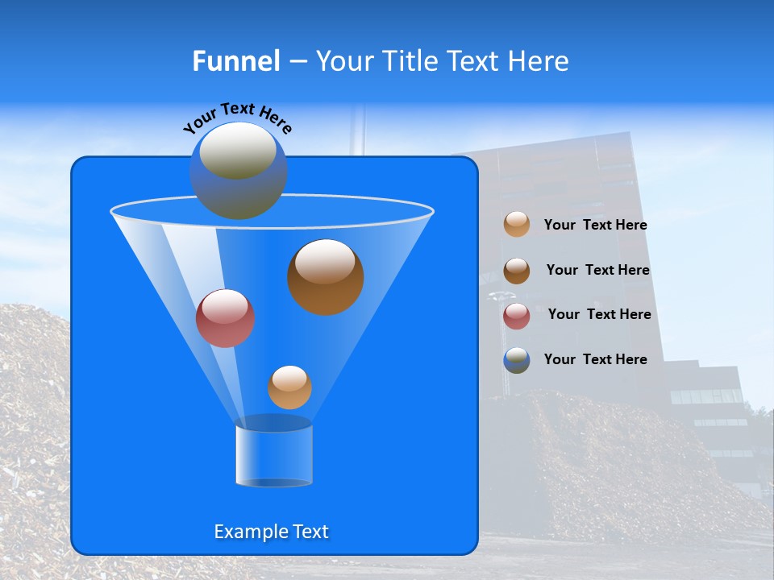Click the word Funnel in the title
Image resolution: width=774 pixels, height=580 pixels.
click(x=236, y=61)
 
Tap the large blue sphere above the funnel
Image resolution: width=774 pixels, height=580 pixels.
click(x=238, y=171)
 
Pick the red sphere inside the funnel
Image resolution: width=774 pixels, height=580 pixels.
click(x=225, y=319)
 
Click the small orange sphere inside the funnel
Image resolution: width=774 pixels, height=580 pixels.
click(x=289, y=387)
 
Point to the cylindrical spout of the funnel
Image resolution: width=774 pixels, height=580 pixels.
click(x=273, y=456)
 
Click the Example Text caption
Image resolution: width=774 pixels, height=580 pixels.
click(x=272, y=532)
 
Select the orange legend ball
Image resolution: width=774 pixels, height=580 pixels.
click(x=517, y=225)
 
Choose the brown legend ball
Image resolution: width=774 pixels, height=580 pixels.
click(x=517, y=271)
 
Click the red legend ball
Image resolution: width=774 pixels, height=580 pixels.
click(x=517, y=316)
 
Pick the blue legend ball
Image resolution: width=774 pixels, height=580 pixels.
click(x=517, y=360)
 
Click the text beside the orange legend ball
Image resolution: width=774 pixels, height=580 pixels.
click(x=596, y=226)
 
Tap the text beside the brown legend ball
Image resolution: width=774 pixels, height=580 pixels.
click(x=597, y=271)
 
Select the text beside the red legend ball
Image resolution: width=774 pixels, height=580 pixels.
click(x=599, y=315)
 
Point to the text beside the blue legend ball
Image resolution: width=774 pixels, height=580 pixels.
click(x=596, y=360)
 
